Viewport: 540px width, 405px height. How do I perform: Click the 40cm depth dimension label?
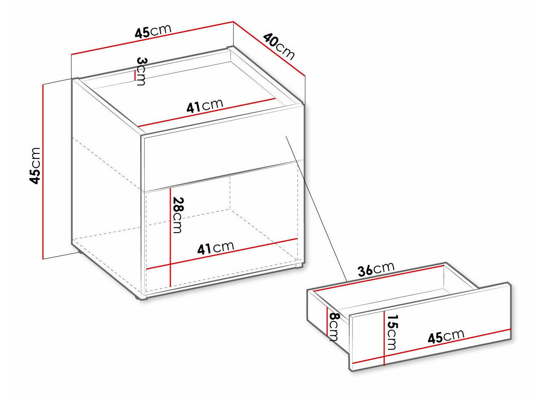click(279, 47)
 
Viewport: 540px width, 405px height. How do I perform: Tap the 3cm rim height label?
click(141, 71)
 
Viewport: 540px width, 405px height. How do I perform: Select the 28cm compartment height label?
click(178, 215)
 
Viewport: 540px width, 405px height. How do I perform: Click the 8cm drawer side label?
click(334, 327)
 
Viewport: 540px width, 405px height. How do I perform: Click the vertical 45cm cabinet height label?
click(35, 165)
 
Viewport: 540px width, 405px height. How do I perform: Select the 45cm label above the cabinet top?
click(153, 31)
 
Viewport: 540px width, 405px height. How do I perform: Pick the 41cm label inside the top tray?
click(205, 106)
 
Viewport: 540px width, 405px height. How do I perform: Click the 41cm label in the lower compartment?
click(216, 247)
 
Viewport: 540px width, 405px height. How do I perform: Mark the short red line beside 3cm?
click(135, 75)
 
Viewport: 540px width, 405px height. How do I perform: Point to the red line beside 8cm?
click(327, 321)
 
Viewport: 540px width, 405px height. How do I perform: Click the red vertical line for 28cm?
click(170, 237)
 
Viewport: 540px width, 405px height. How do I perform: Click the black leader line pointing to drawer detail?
click(316, 208)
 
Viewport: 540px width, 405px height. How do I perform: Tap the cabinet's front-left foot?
click(141, 299)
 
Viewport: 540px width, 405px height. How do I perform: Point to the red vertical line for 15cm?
click(384, 338)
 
